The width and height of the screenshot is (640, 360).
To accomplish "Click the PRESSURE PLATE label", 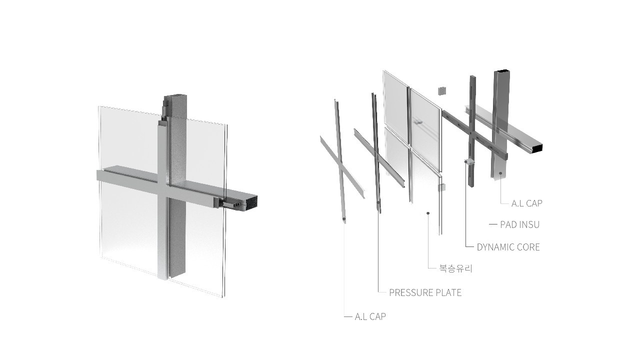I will point(425,292).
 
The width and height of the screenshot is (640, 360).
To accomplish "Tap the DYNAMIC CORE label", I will point(508,247).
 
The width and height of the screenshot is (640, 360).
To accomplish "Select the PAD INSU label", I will point(519,224).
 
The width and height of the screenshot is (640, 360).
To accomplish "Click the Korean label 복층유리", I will point(455,269).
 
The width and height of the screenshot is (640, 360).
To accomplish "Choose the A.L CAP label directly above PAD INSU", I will point(526,203).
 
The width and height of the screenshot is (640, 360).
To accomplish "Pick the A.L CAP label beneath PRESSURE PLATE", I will point(370,316).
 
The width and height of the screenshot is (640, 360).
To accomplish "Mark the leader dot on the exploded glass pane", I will point(428,213).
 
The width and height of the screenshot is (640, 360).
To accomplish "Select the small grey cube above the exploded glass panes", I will point(441,91).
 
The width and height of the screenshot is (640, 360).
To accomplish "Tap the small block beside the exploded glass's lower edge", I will point(441,187).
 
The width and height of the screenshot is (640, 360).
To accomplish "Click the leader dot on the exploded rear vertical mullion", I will point(501,173).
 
